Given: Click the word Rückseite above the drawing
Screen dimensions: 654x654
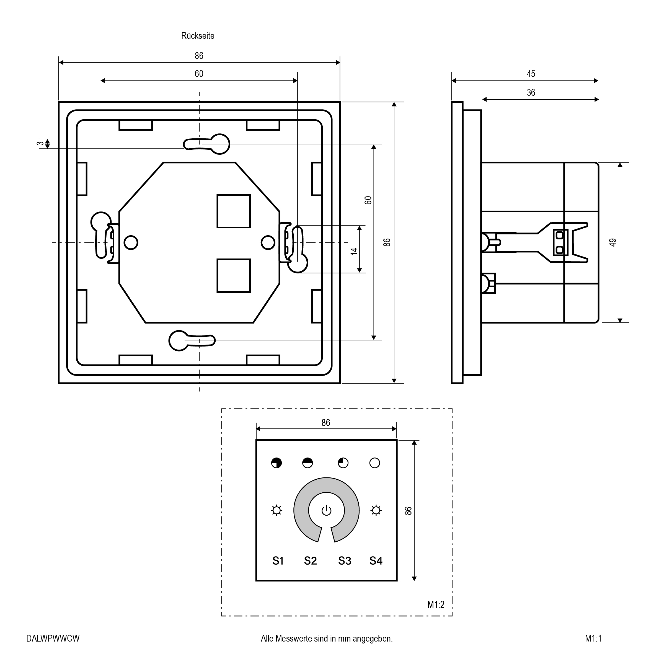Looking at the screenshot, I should click(x=198, y=36).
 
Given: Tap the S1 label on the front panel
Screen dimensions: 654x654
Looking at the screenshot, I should click(x=278, y=561).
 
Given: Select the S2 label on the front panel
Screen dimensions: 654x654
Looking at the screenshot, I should click(x=311, y=561).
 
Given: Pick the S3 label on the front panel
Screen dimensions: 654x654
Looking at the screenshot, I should click(x=345, y=561).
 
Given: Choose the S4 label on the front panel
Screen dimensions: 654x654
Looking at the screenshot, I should click(x=376, y=561).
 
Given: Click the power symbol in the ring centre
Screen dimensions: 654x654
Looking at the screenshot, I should click(x=326, y=510).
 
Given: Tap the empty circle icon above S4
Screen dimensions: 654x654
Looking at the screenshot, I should click(x=375, y=463).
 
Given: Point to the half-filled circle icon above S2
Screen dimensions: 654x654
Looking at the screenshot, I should click(x=307, y=463).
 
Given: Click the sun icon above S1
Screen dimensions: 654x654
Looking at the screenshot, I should click(x=276, y=510).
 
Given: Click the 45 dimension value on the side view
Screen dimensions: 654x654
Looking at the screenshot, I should click(x=531, y=74).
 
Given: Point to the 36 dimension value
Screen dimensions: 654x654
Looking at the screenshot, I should click(x=531, y=92).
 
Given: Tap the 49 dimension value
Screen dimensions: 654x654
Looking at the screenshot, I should click(x=613, y=242).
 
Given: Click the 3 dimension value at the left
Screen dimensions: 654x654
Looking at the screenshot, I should click(x=40, y=144).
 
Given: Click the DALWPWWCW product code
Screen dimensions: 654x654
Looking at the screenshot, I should click(x=53, y=639).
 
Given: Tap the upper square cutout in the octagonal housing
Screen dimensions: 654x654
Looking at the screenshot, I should click(x=234, y=211).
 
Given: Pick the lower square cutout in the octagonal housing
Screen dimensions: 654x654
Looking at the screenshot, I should click(x=234, y=276).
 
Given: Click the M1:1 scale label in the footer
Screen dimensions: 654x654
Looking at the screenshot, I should click(x=593, y=639).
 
